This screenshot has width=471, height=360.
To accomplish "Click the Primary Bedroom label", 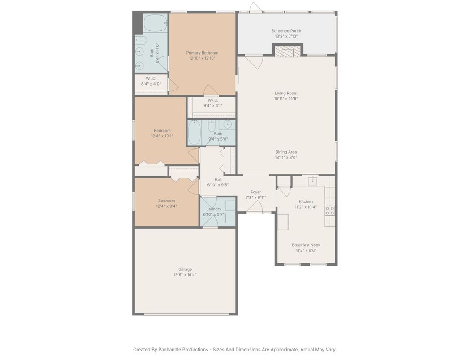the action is click(x=202, y=53).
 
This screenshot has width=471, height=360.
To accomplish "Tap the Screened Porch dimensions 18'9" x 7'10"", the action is click(x=286, y=36).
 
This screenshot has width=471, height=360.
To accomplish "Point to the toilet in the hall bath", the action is click(x=212, y=125).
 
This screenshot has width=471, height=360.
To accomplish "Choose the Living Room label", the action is click(x=286, y=93).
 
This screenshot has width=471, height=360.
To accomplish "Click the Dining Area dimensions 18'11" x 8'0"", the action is click(x=286, y=157).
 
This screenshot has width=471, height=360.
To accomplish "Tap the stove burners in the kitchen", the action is click(x=330, y=210).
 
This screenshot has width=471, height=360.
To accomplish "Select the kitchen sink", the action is click(x=313, y=181).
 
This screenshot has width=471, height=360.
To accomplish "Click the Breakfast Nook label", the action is click(x=306, y=245).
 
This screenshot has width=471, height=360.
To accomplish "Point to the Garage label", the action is click(x=185, y=269).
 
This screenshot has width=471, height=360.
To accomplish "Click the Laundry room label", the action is click(x=214, y=209).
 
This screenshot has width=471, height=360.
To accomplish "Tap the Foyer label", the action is click(x=256, y=192).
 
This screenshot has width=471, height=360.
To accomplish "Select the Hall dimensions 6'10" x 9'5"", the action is click(x=218, y=185).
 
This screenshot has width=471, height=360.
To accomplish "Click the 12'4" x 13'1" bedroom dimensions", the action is click(x=162, y=136).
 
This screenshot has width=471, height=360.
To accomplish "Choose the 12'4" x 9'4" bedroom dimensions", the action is click(x=167, y=206).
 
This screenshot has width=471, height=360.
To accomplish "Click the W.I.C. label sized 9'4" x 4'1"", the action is click(x=213, y=100).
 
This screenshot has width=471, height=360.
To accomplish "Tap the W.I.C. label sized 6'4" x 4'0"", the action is click(x=151, y=78).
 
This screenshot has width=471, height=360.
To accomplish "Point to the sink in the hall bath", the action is click(x=227, y=124).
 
